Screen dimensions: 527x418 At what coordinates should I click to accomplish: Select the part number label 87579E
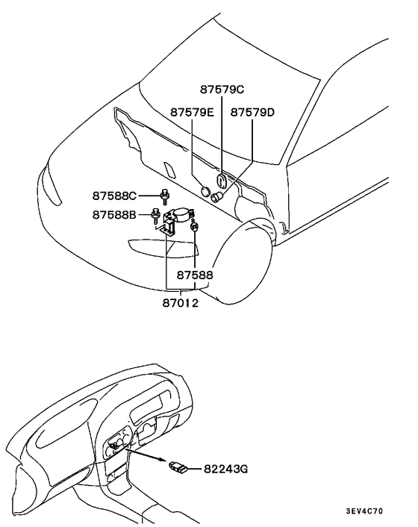192,112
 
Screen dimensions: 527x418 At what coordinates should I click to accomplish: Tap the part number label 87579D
252,112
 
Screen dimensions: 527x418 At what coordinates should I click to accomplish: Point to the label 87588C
114,196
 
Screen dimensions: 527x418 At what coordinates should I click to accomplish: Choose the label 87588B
114,215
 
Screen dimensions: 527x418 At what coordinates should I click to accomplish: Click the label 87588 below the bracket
196,275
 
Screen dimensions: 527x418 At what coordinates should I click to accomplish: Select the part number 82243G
226,470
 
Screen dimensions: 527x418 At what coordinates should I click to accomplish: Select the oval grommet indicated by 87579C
221,182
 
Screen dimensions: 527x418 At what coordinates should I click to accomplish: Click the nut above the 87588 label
195,227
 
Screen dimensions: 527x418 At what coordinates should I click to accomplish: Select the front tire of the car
246,261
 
